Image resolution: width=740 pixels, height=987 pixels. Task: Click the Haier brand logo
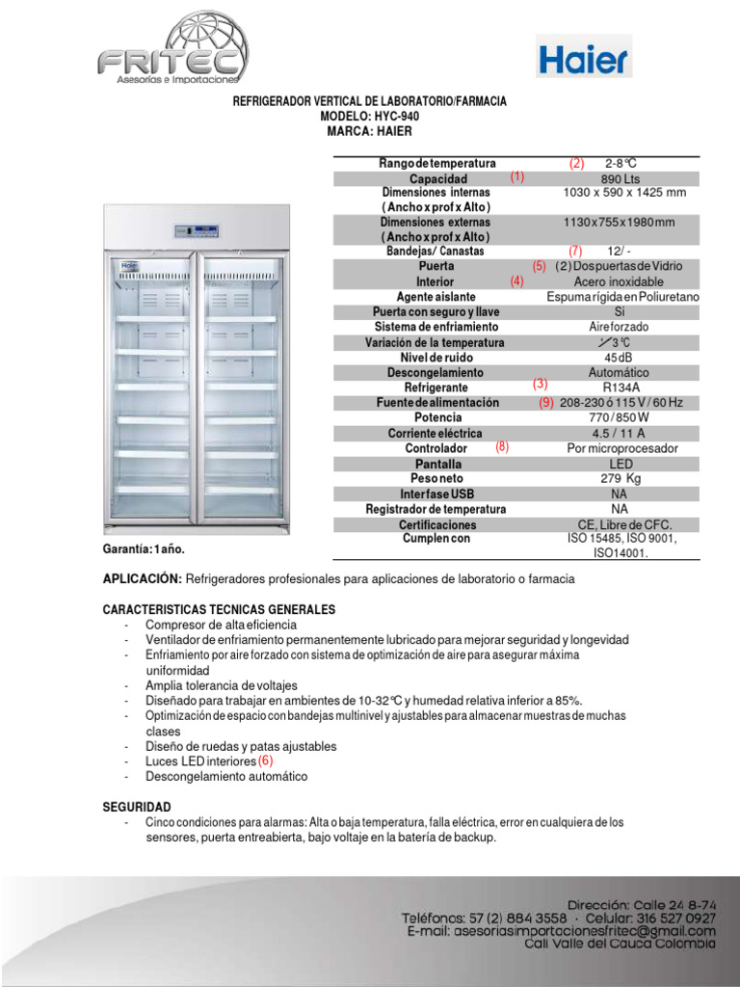pyautogui.click(x=583, y=60)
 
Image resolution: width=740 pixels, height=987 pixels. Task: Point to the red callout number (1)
pyautogui.click(x=517, y=177)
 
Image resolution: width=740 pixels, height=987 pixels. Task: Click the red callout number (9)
pyautogui.click(x=546, y=403)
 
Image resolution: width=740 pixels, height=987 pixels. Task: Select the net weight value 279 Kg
pyautogui.click(x=620, y=478)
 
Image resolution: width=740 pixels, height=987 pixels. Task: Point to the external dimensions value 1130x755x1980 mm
pyautogui.click(x=619, y=223)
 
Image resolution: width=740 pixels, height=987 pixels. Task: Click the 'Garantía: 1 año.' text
pyautogui.click(x=144, y=548)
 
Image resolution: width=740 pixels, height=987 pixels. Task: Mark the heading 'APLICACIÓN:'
pyautogui.click(x=142, y=579)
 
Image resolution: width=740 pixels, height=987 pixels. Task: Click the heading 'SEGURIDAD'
pyautogui.click(x=137, y=806)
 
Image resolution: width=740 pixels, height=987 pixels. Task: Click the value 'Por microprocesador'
pyautogui.click(x=622, y=448)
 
